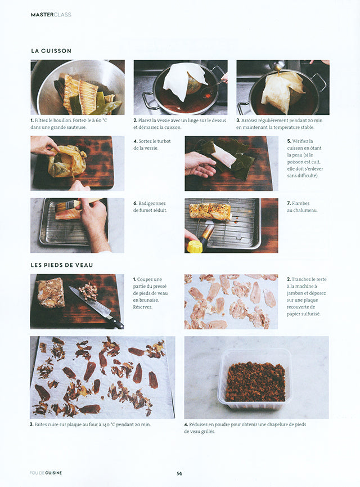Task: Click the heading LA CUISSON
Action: point(51,51)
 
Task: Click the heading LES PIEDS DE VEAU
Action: point(62,265)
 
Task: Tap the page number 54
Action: point(179,473)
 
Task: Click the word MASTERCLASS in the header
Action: point(51,15)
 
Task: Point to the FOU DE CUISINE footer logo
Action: point(46,473)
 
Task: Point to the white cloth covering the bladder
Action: point(185,79)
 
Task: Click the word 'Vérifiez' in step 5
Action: point(300,141)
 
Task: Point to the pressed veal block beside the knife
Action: point(50,293)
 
